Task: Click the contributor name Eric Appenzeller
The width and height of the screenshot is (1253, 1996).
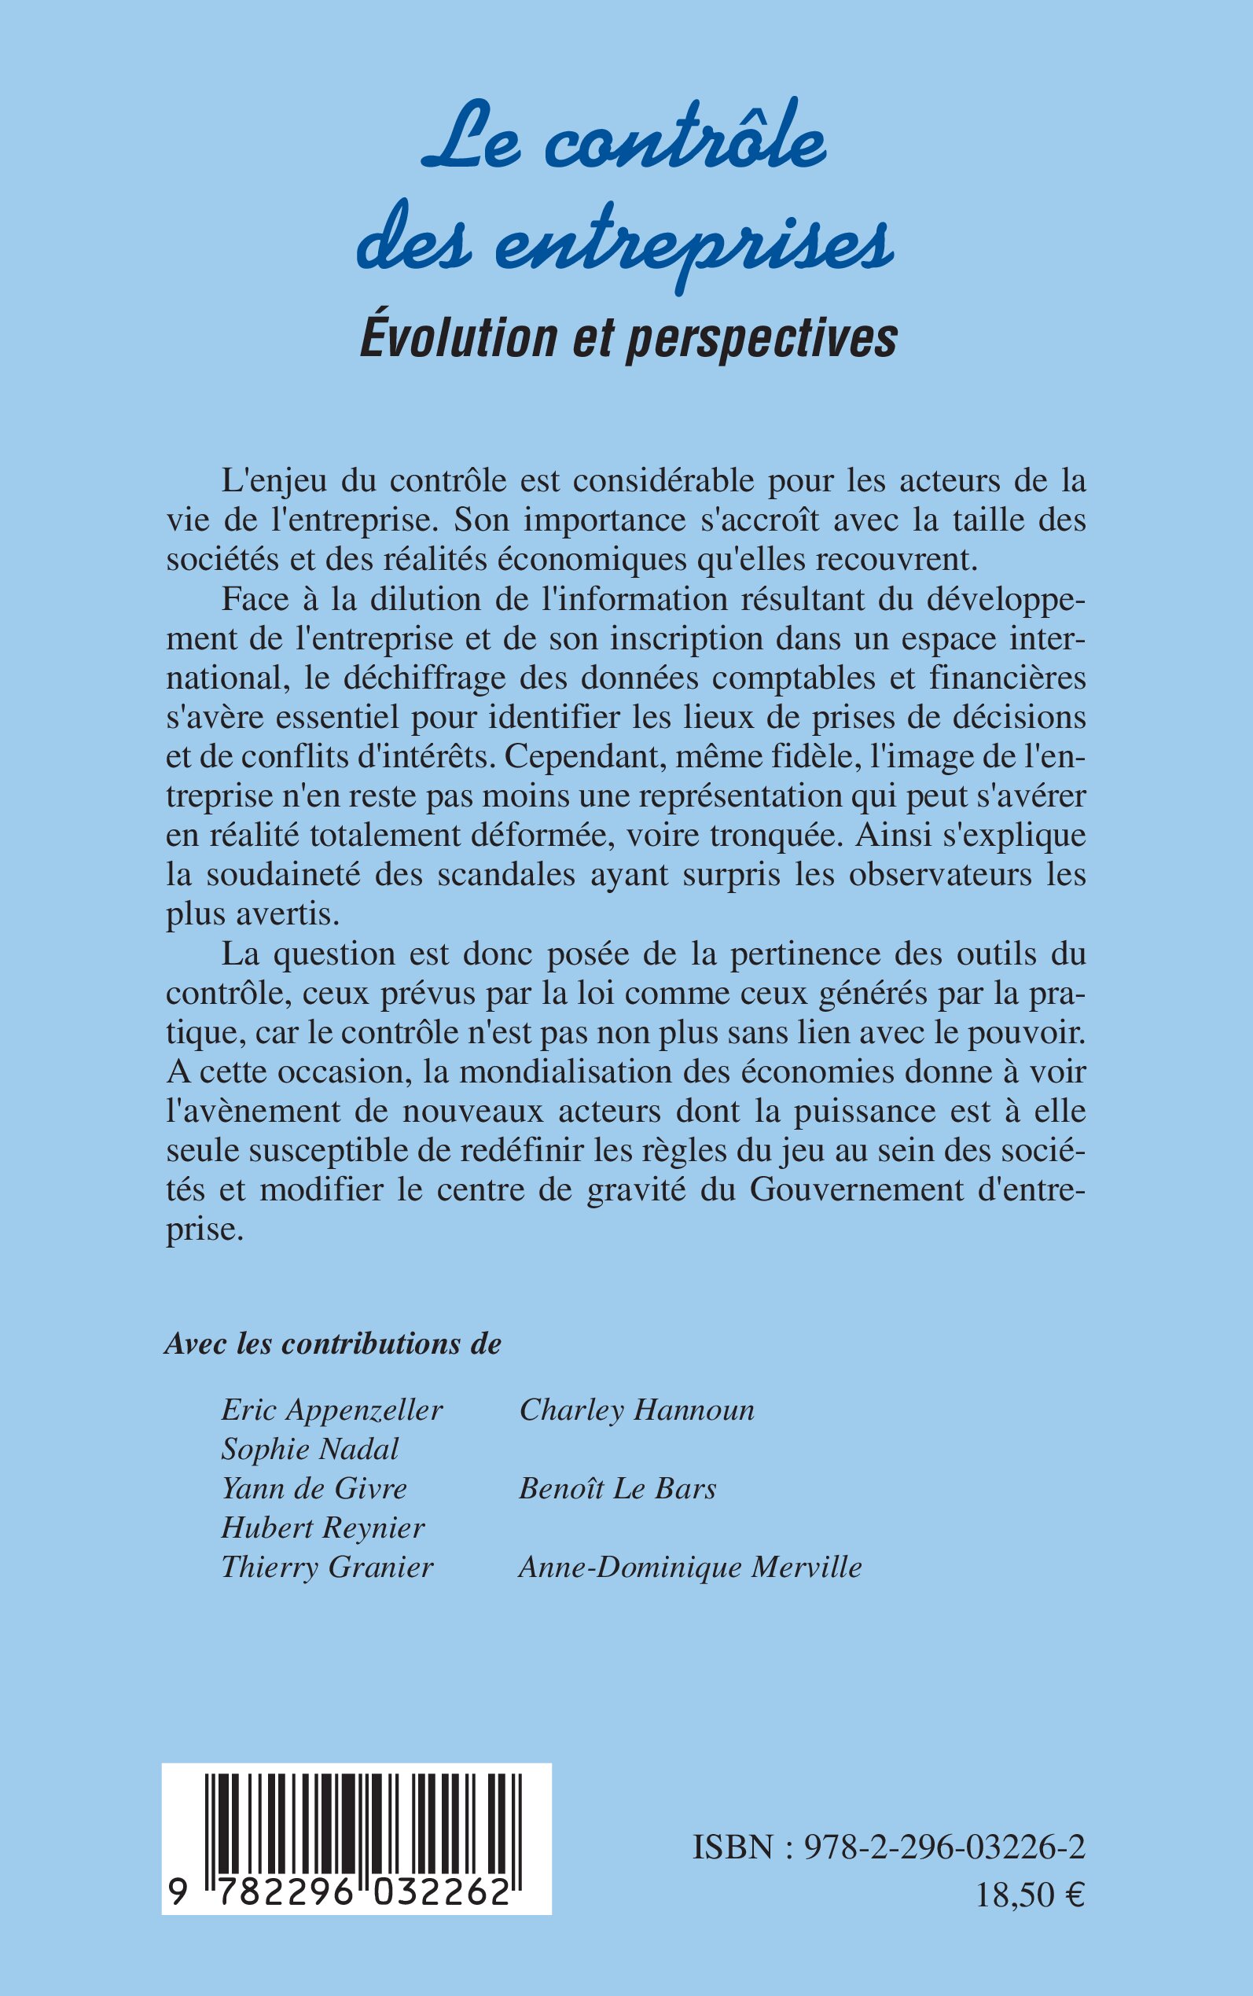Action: pos(332,1410)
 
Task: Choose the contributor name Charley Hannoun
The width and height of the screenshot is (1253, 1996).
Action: pos(637,1410)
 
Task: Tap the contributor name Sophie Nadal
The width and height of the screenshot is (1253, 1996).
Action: pos(310,1449)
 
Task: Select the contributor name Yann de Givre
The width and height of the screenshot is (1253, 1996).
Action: pos(314,1489)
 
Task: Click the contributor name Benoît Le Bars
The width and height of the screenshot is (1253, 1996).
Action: pos(617,1489)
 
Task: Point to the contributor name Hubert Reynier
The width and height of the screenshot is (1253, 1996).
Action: pos(323,1528)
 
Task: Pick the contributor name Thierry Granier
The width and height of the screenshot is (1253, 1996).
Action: pos(327,1568)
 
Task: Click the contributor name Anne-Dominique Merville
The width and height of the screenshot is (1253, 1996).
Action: pos(689,1568)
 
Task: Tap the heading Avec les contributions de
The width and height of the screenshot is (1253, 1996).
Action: pos(333,1344)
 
